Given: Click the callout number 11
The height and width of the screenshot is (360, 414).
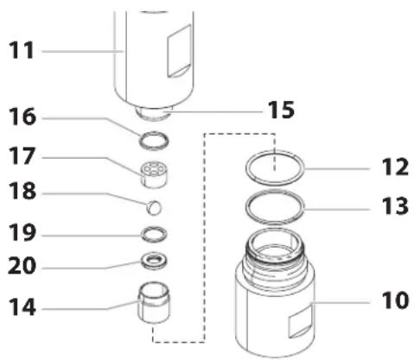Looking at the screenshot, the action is tap(22, 51).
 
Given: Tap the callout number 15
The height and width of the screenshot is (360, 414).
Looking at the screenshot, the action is tap(281, 110).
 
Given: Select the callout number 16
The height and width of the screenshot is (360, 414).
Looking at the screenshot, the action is tap(22, 117).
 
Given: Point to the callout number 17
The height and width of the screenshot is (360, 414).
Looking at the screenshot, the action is tap(22, 156).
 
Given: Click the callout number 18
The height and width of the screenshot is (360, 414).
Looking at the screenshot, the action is tap(22, 191).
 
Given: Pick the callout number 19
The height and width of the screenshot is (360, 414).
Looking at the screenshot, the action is tap(22, 233).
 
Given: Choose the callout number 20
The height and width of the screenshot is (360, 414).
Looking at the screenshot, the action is tap(22, 266).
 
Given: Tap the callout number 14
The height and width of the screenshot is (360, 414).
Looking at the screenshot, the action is tap(22, 307).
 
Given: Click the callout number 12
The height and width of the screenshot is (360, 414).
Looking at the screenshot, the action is tap(395, 167).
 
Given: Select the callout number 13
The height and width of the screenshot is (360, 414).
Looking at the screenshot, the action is tap(395, 206).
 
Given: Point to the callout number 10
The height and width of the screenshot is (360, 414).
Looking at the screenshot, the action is tap(395, 300).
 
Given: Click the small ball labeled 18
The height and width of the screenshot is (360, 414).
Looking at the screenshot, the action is tap(154, 207).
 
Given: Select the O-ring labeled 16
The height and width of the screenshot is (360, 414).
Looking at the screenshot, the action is tap(154, 136).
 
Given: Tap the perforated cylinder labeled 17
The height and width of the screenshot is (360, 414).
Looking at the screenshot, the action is tap(154, 174).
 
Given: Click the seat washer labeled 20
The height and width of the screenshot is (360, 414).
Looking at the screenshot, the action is tap(154, 262).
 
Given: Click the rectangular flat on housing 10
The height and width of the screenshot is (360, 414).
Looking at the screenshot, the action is tap(301, 322).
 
